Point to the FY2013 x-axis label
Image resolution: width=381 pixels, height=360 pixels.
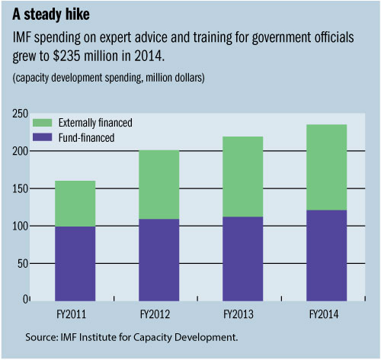click(242, 313)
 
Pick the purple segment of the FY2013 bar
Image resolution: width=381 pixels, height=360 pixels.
click(242, 259)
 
